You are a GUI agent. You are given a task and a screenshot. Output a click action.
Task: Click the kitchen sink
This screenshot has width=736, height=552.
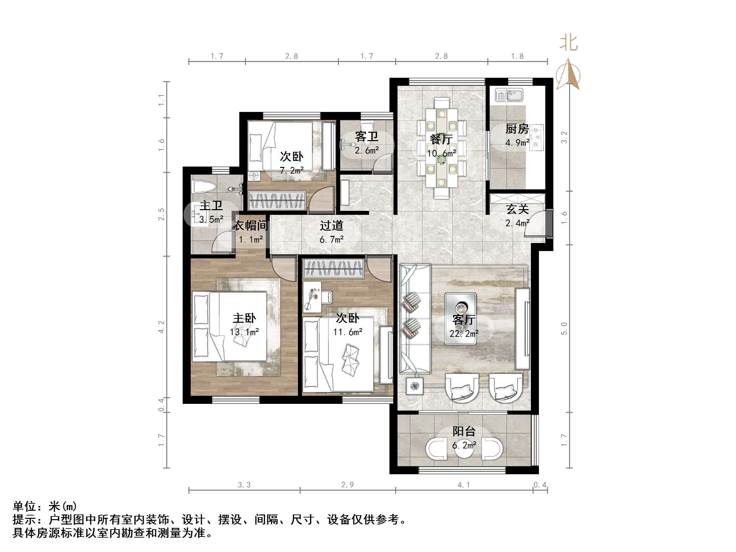point(509,95)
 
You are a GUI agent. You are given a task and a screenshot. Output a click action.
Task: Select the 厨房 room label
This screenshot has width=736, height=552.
point(517,129)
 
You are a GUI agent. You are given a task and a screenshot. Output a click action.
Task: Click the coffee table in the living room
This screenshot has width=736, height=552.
point(461,319)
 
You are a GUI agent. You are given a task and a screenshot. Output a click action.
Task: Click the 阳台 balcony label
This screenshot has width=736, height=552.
point(464,431)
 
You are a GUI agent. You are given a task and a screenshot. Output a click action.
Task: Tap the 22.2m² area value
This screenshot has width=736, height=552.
point(464,333)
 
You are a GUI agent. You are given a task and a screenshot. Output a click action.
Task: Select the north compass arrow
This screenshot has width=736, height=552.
point(568,75)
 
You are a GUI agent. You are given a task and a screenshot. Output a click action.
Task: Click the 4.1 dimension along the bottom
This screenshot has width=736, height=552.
point(464,485)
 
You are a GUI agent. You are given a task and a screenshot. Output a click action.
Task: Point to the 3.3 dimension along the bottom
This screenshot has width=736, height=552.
point(244,485)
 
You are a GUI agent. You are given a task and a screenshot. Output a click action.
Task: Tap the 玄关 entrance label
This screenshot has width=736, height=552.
point(517,209)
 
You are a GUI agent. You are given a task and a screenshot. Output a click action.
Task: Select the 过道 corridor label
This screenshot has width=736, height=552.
point(331,226)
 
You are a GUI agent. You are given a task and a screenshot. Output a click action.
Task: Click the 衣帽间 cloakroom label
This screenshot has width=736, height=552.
point(251,226)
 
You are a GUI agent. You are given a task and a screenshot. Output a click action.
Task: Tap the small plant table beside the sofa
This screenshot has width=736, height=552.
point(415,386)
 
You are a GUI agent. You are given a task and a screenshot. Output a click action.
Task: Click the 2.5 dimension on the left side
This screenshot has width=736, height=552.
point(162,214)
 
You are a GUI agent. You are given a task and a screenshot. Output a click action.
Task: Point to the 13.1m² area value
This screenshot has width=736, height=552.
point(244,332)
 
